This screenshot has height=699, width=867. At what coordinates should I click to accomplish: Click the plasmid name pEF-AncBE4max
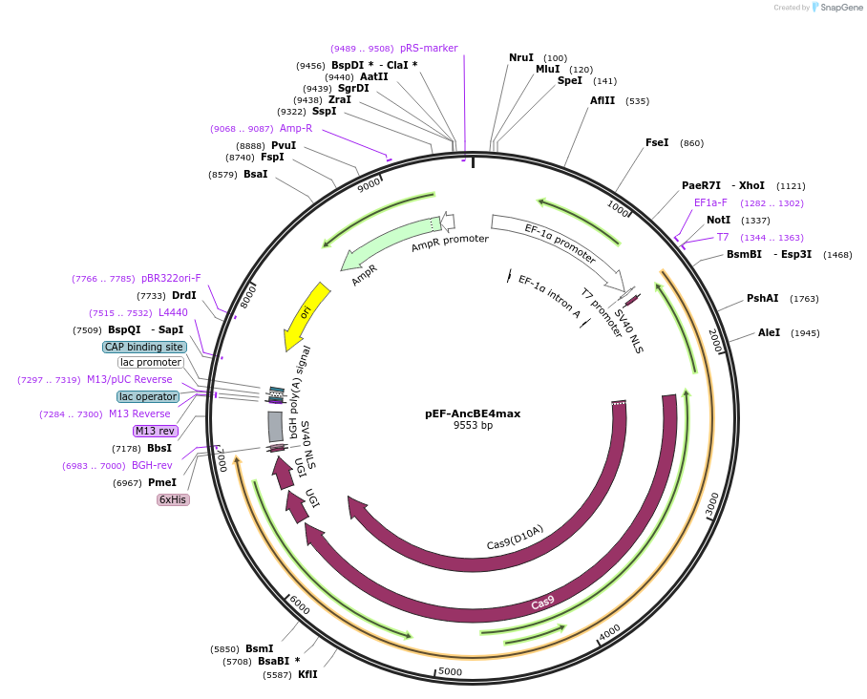click(473, 413)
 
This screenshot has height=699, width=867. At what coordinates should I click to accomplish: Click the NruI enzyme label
click(521, 58)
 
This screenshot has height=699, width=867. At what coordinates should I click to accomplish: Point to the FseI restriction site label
click(657, 143)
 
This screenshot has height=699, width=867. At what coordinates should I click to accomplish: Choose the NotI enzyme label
click(719, 220)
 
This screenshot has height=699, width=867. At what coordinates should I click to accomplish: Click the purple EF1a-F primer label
click(710, 202)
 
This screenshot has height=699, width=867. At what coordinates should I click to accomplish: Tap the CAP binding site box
click(144, 347)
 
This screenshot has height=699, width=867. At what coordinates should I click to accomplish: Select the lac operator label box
click(148, 396)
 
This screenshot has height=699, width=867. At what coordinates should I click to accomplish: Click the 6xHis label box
click(174, 499)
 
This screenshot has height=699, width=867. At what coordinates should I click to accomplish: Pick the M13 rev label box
click(156, 431)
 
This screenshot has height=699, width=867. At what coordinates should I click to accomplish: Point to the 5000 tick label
click(451, 672)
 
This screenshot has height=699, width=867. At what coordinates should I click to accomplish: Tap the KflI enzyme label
click(307, 674)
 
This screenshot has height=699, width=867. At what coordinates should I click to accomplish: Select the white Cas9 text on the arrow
click(542, 603)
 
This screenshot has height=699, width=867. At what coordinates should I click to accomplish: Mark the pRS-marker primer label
click(429, 48)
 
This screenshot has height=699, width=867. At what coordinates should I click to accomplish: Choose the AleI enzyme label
click(770, 332)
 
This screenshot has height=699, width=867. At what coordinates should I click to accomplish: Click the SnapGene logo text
click(841, 8)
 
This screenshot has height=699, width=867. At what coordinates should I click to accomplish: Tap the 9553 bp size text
click(473, 426)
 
